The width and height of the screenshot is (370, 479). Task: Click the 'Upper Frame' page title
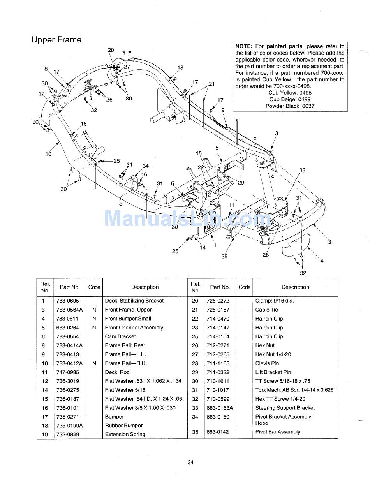click(x=56, y=40)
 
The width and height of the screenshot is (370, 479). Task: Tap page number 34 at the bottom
click(x=190, y=462)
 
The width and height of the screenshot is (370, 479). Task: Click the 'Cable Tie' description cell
click(x=266, y=310)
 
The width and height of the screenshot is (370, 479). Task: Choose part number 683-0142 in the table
click(x=220, y=432)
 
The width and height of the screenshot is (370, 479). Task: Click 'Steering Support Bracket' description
click(x=285, y=408)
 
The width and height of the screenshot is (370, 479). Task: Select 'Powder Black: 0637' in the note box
click(x=290, y=106)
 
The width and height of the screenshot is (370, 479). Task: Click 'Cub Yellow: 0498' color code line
click(x=290, y=93)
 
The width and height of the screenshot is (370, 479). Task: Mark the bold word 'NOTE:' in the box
click(x=244, y=46)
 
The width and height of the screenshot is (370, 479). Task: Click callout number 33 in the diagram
click(x=302, y=170)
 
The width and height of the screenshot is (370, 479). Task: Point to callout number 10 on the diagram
click(x=48, y=154)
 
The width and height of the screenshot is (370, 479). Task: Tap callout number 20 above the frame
click(x=111, y=50)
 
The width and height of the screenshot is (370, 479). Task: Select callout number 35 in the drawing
click(x=224, y=256)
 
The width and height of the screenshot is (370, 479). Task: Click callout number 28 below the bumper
click(x=266, y=255)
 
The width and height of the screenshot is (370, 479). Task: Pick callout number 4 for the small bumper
click(x=322, y=261)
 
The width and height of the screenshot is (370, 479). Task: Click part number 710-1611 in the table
click(x=220, y=381)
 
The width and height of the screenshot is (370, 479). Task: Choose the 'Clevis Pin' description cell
click(x=267, y=363)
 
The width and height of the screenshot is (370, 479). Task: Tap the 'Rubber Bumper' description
click(x=124, y=426)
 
